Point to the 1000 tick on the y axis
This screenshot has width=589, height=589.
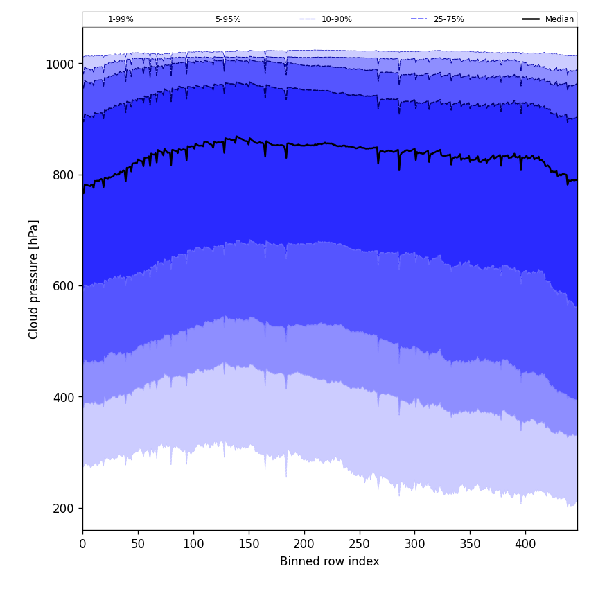pyautogui.click(x=60, y=64)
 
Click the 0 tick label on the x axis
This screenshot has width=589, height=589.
pyautogui.click(x=82, y=545)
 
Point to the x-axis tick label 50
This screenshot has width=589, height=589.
pyautogui.click(x=138, y=545)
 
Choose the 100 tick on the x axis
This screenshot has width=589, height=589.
pyautogui.click(x=193, y=545)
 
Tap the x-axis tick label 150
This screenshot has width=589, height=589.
pyautogui.click(x=249, y=545)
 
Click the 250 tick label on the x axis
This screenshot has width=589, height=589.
pyautogui.click(x=359, y=545)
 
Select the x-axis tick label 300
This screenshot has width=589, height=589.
pyautogui.click(x=414, y=545)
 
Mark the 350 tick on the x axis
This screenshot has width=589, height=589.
pyautogui.click(x=470, y=545)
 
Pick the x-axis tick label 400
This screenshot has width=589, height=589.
pyautogui.click(x=525, y=545)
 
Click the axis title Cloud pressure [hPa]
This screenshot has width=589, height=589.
pyautogui.click(x=34, y=279)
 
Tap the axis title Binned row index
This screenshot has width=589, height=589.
pyautogui.click(x=330, y=562)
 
